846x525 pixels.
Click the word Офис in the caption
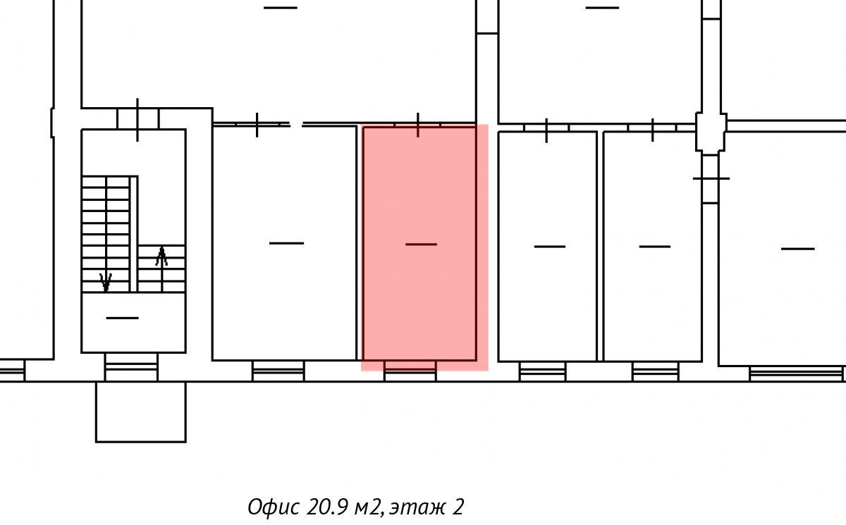274,507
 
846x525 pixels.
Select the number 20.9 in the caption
326,507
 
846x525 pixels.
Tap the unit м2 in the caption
369,507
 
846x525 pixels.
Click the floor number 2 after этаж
458,507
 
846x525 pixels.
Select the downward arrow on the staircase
106,282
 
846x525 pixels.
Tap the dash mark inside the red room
421,245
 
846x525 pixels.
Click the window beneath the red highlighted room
410,371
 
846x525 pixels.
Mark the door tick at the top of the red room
417,125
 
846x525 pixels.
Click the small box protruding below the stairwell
141,412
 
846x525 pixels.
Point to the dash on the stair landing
123,318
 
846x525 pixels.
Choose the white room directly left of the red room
284,243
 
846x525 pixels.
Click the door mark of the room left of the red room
257,125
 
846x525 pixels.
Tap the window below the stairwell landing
131,367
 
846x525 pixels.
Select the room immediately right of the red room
548,247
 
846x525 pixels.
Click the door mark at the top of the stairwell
137,120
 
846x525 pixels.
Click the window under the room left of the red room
278,371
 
